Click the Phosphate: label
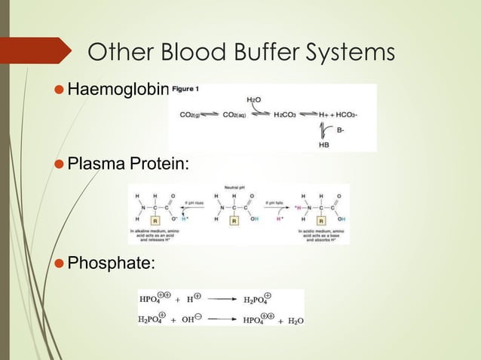(112, 264)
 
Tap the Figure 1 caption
(185, 90)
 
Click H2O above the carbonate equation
(255, 99)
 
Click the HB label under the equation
(324, 144)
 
